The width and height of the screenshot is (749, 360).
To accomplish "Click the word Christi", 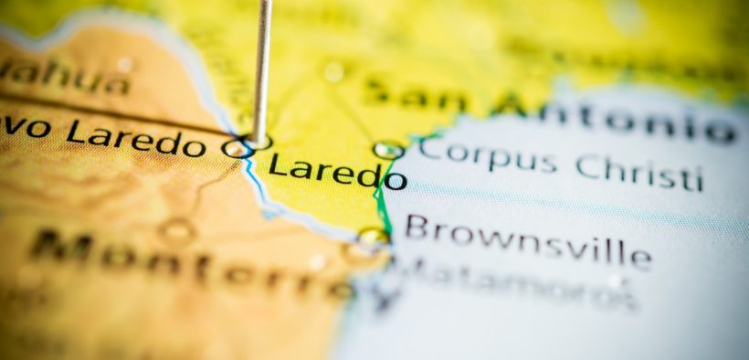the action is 639,171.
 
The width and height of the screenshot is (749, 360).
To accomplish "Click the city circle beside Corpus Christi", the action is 387,149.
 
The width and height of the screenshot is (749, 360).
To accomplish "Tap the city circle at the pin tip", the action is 258,143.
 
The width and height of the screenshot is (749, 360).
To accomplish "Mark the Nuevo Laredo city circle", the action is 236,148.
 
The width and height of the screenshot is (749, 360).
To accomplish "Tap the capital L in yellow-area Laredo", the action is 278,165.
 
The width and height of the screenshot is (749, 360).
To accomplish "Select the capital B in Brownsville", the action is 416,227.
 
